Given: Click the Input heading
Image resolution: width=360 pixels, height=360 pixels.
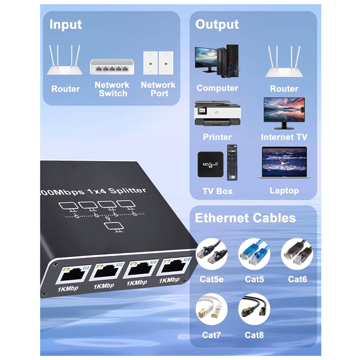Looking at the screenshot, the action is point(65,25).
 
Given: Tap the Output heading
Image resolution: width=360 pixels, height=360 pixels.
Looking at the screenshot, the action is point(217,25).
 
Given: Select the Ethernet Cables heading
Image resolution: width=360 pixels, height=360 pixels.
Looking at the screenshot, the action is point(245,218).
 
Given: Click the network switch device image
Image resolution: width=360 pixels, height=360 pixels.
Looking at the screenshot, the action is point(112,66).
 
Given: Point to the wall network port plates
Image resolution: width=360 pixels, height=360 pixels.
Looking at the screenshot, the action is point(158,63).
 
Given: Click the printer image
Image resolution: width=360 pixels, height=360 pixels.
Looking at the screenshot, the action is point(217,113).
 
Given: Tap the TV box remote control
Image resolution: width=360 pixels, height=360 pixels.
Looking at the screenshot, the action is point(232,162).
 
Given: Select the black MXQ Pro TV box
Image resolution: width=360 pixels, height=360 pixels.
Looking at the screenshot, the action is point(210,164).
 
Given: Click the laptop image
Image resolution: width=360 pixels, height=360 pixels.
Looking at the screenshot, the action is point(284,162).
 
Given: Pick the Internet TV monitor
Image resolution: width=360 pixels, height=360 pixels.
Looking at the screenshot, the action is point(284,113).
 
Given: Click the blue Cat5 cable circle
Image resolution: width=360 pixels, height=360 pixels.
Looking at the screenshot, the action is point(254,254).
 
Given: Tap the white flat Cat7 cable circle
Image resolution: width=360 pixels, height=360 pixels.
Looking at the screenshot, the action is point(211,309).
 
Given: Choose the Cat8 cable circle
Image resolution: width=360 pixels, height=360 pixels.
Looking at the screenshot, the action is point(254,309).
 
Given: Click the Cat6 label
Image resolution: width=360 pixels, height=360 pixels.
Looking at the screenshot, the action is point(297,279).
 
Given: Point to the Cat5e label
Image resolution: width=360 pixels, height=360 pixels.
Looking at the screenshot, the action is point(211,279).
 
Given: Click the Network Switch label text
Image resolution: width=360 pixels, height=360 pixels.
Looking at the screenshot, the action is point(112,89).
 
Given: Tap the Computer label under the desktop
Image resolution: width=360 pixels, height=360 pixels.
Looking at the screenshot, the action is point(217,88).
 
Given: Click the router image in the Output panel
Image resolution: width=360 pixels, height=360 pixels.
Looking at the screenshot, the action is point(284,61).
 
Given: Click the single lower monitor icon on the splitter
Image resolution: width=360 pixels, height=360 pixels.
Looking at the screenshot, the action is point(114,227).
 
